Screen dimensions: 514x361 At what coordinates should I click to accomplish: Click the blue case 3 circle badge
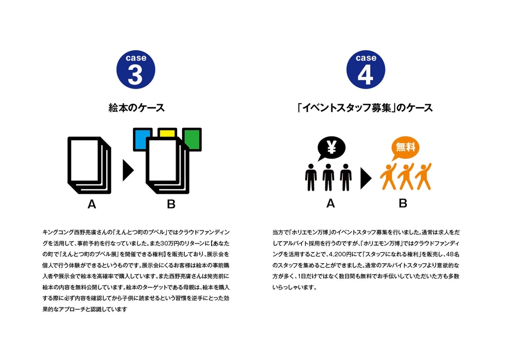pyautogui.click(x=136, y=69)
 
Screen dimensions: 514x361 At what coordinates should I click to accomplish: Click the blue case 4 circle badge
pyautogui.click(x=366, y=69)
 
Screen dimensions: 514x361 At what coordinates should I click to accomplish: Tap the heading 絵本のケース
pyautogui.click(x=136, y=108)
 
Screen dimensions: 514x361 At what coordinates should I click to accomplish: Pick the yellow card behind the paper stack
pyautogui.click(x=167, y=132)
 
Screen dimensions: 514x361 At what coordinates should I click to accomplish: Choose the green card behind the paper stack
pyautogui.click(x=192, y=139)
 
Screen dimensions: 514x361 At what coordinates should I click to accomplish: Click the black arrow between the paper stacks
pyautogui.click(x=128, y=170)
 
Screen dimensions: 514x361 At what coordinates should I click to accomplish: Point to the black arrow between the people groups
pyautogui.click(x=365, y=179)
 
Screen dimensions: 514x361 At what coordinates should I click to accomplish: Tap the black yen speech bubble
pyautogui.click(x=331, y=147)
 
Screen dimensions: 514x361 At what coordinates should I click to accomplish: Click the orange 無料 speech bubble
pyautogui.click(x=405, y=147)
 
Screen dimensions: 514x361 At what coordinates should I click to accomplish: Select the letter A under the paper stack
pyautogui.click(x=92, y=205)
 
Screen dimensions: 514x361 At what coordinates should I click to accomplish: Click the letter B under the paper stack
pyautogui.click(x=171, y=205)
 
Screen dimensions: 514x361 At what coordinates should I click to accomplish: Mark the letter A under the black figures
pyautogui.click(x=330, y=204)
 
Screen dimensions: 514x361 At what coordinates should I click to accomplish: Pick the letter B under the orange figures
pyautogui.click(x=403, y=204)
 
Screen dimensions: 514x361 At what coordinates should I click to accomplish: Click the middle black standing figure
pyautogui.click(x=328, y=177)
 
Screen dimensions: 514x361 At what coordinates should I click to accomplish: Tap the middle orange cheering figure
pyautogui.click(x=406, y=176)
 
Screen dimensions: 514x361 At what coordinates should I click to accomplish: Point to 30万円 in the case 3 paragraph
pyautogui.click(x=178, y=244)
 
